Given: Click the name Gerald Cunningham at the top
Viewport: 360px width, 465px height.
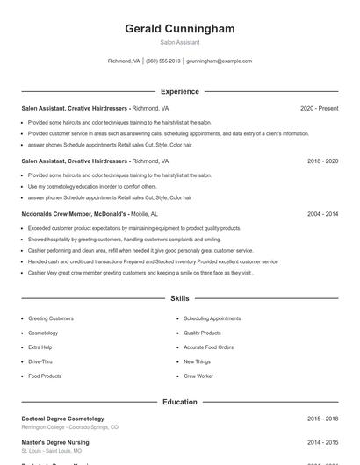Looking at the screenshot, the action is (180, 29).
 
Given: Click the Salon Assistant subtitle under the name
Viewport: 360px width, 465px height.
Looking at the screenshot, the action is (180, 42).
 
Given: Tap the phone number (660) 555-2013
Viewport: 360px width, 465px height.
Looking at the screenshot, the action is (163, 61).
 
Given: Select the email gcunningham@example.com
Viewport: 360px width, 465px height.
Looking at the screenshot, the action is (219, 61).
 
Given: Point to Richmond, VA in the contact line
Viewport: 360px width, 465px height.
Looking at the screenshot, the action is (124, 61).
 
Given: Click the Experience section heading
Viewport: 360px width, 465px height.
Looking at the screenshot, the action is (180, 91).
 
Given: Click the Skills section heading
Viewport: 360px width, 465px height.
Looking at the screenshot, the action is (180, 299).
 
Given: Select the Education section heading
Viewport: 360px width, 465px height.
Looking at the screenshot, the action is (180, 402).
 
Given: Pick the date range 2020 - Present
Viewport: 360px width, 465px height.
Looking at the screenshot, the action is (319, 109).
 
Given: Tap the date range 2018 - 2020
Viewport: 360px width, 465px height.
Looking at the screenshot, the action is (322, 161).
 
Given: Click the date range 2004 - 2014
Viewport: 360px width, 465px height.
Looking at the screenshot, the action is (322, 214).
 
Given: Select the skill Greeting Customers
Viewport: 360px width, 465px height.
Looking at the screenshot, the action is (51, 318).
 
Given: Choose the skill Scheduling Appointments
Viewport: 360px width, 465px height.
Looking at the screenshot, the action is (212, 318).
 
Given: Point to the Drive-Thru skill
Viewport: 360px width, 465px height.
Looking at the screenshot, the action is (40, 361).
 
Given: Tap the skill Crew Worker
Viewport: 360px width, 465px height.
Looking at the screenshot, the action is (198, 376).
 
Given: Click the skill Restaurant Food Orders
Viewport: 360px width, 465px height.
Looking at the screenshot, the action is (208, 347).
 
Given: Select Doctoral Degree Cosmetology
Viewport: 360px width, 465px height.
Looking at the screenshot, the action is (62, 419).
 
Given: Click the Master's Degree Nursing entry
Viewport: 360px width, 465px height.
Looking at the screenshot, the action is (56, 444).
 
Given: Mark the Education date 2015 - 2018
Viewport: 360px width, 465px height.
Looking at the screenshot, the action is (322, 419).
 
